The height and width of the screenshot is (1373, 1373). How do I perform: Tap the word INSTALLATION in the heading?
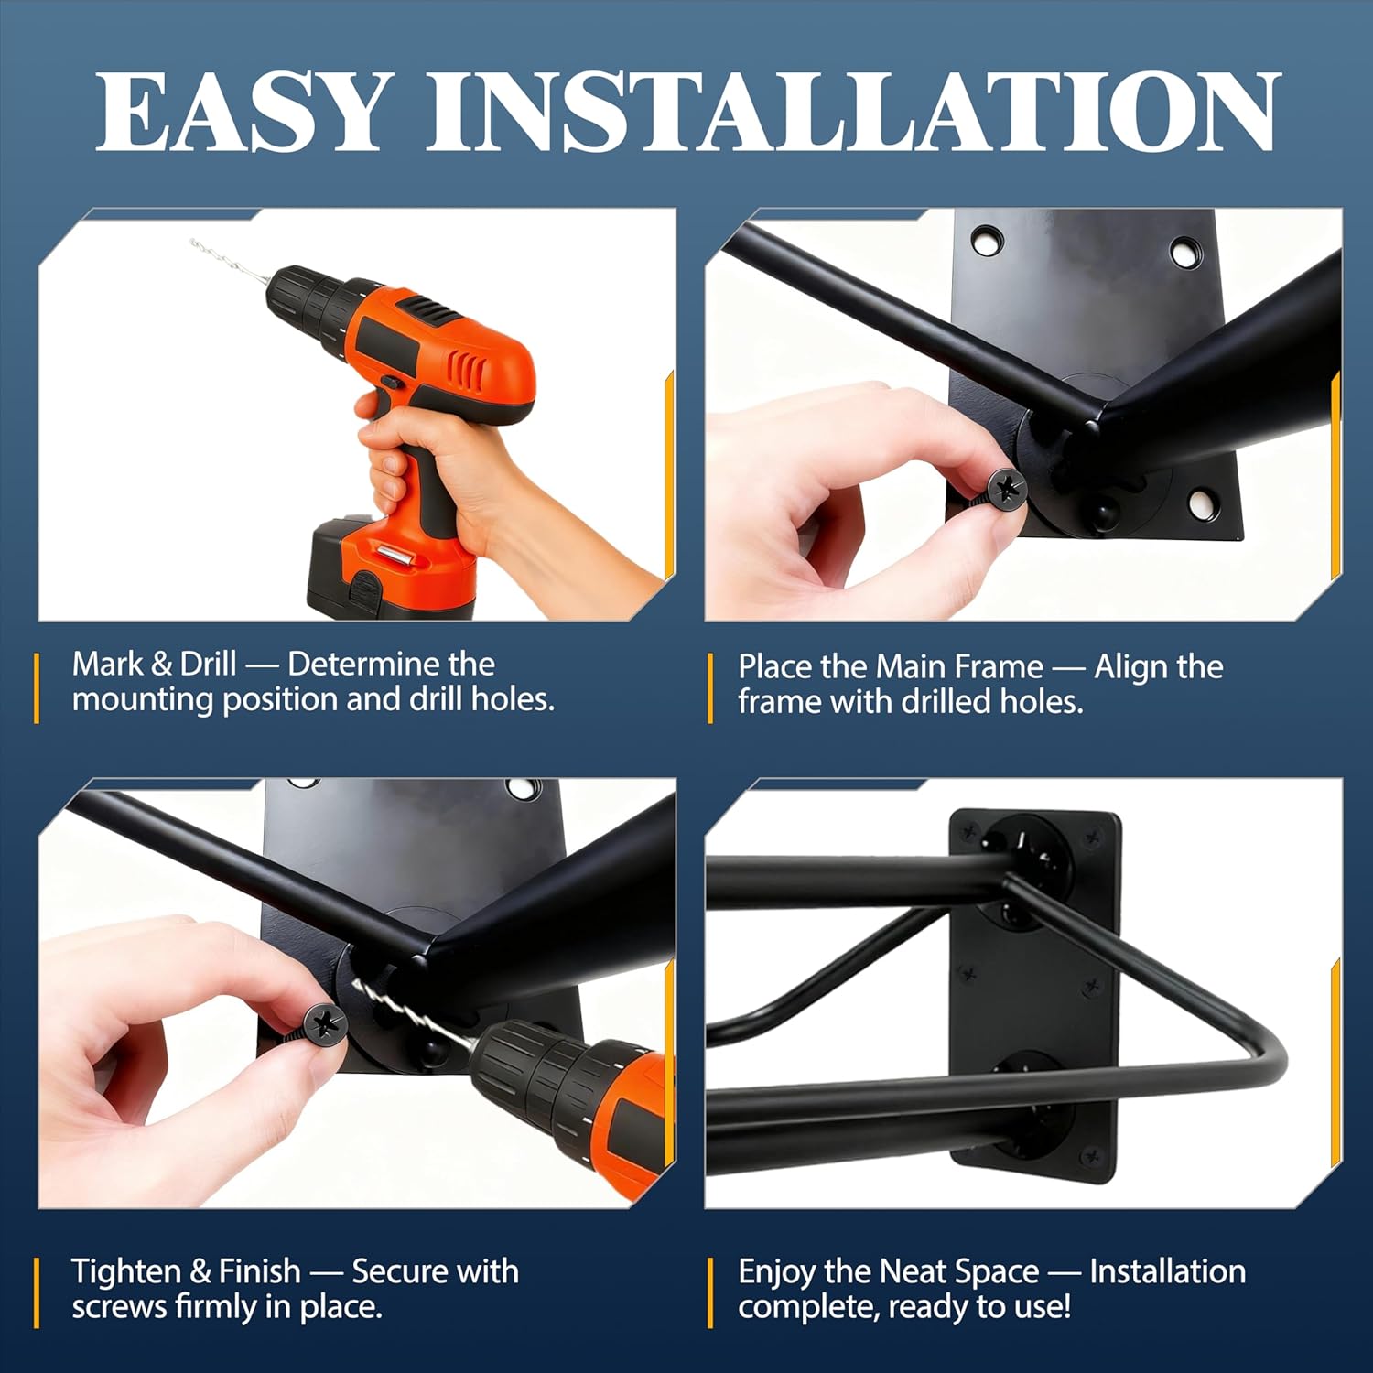852,111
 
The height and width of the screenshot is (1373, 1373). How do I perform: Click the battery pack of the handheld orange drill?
394,568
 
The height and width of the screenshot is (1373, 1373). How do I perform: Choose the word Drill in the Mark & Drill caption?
208,664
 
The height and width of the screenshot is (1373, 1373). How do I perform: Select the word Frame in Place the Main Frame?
1001,666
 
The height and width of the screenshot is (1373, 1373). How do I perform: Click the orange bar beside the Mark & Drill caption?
37,688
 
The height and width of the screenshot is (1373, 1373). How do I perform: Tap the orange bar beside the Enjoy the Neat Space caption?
710,1292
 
